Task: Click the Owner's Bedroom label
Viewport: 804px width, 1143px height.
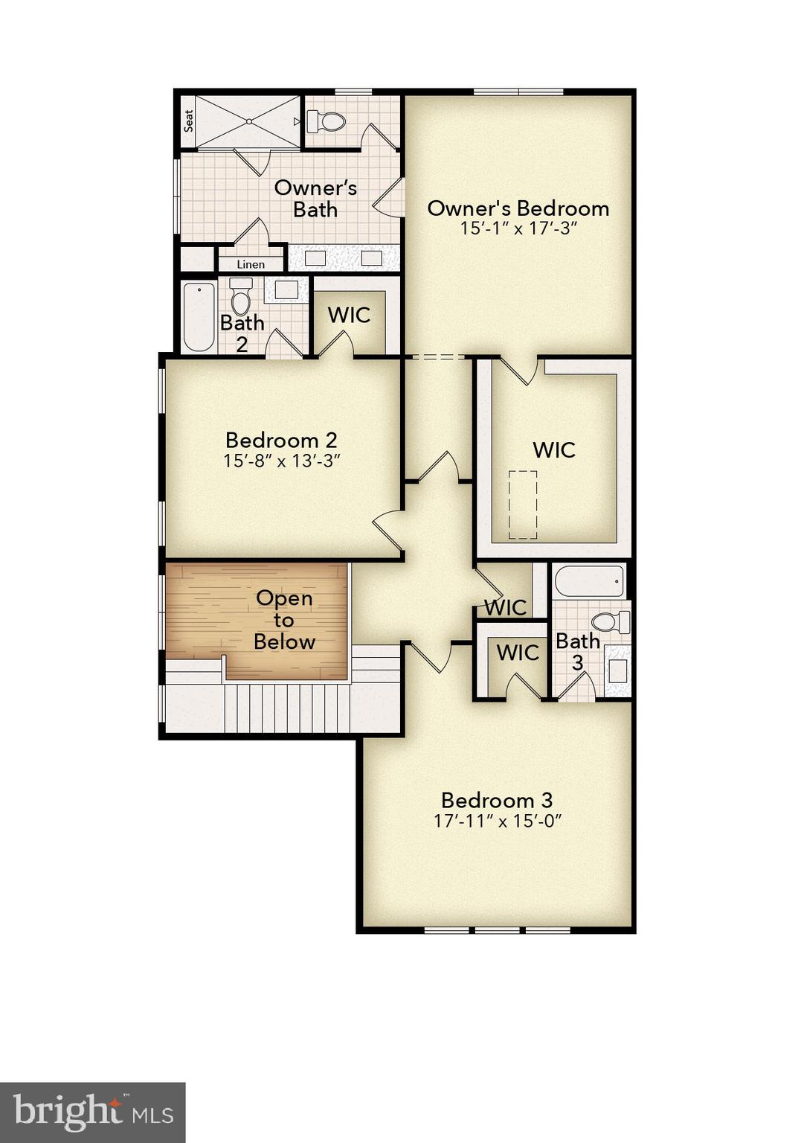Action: (518, 208)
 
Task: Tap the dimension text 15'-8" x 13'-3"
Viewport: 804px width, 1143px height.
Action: (282, 461)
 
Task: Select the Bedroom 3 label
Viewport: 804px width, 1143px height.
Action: (497, 800)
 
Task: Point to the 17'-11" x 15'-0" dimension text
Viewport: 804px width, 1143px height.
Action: (497, 822)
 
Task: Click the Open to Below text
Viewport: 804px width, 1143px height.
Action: (284, 620)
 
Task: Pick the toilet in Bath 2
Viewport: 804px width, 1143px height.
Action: (240, 297)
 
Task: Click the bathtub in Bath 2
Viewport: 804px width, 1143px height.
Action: (199, 317)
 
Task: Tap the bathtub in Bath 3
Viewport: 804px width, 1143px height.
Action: (589, 581)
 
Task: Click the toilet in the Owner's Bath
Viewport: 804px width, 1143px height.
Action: (327, 121)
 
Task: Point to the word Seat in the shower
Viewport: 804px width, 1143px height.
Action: (189, 121)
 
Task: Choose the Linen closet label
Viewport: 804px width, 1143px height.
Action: (251, 264)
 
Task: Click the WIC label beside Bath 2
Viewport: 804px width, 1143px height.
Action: (349, 315)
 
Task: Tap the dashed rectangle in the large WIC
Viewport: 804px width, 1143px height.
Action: (522, 505)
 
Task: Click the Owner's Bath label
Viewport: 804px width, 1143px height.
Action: (315, 199)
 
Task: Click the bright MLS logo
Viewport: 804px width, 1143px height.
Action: (93, 1112)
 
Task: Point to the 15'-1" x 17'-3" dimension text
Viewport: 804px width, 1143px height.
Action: (518, 228)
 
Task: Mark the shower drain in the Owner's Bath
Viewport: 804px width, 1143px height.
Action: (250, 121)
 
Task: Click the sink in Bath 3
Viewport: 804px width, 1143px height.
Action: (617, 670)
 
